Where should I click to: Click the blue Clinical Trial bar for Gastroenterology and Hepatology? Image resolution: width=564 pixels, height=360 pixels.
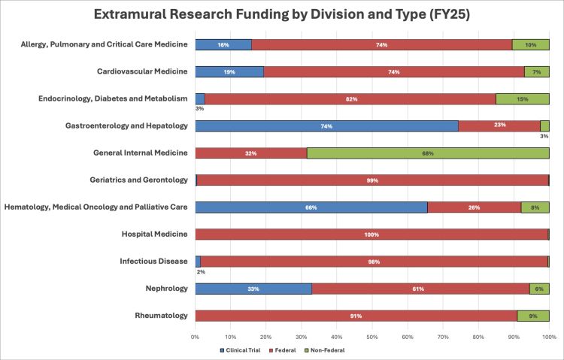pos(326,126)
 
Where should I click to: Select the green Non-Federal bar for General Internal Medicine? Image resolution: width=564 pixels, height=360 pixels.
pos(428,153)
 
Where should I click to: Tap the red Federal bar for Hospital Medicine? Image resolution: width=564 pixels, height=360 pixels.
pos(371,234)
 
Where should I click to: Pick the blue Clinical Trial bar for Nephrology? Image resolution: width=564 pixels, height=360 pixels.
pos(253,289)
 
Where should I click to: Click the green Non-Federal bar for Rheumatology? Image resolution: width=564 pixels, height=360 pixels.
pos(533,316)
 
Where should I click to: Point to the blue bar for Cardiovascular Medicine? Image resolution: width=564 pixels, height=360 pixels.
pos(229,72)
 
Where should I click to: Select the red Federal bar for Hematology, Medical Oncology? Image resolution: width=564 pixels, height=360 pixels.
pos(474,207)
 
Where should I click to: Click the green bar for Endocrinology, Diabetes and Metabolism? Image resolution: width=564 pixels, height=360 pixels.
pos(523,99)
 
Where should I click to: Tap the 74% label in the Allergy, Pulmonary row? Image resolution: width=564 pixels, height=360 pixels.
pos(382,45)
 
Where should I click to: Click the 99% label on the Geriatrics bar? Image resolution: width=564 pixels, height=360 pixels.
pos(371,180)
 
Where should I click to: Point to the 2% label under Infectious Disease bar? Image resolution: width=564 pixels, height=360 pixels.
pos(201,272)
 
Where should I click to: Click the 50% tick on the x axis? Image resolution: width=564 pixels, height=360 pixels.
pos(371,336)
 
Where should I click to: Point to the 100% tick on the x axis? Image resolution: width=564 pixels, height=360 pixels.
pos(548,336)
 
